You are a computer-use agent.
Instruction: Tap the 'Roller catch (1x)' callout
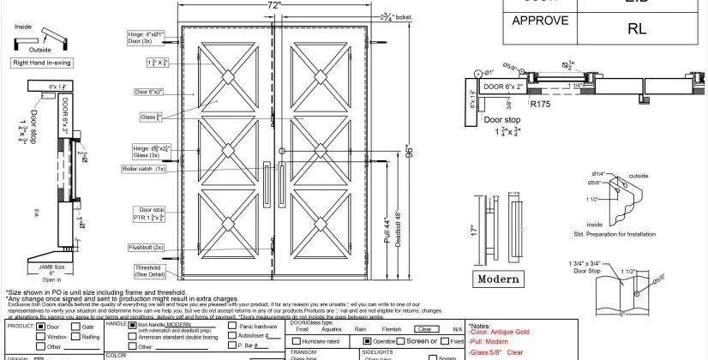[x=143, y=169]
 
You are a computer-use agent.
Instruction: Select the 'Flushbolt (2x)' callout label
[x=146, y=247]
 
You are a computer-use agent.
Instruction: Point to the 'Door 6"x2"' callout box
[x=148, y=92]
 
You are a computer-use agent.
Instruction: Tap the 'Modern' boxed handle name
[x=498, y=279]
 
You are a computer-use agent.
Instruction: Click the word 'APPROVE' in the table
[x=535, y=21]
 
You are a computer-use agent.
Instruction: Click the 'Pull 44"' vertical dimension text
[x=387, y=235]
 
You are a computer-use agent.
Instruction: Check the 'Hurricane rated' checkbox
[x=296, y=341]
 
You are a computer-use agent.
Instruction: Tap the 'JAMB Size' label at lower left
[x=52, y=267]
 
